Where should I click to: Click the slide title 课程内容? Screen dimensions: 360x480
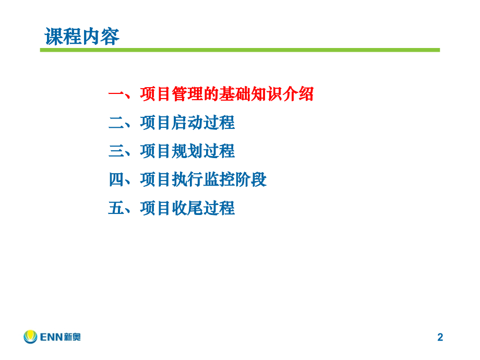82,37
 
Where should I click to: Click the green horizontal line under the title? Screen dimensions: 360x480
240,50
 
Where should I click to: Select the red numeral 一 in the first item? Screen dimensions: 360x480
116,94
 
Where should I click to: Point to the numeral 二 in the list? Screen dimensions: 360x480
116,123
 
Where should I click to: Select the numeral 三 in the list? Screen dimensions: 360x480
116,151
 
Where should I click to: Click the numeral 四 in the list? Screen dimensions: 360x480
116,180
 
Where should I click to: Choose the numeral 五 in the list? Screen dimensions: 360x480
116,208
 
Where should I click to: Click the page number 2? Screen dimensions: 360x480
440,338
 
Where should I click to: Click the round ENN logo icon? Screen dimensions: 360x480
30,337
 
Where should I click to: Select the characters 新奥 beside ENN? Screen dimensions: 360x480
71,338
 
